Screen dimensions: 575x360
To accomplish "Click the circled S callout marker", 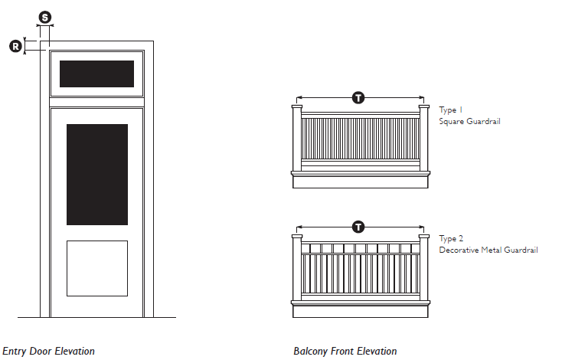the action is click(45, 18).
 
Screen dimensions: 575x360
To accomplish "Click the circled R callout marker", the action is click(16, 47).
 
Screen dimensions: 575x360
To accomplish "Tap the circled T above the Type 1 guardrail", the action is click(358, 98).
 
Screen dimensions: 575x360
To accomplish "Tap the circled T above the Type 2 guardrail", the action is click(358, 227).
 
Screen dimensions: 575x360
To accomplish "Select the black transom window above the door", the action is click(96, 74).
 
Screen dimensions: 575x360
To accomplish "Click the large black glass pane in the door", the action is click(97, 175).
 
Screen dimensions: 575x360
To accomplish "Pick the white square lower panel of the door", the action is click(97, 268).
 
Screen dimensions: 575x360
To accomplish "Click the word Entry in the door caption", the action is click(15, 352).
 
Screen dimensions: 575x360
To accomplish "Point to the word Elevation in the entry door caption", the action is click(75, 352).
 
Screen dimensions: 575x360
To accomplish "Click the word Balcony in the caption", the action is click(310, 352).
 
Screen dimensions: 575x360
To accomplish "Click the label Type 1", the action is click(451, 110).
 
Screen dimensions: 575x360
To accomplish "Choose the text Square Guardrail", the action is click(470, 122).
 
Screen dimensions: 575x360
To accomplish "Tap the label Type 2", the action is click(451, 239).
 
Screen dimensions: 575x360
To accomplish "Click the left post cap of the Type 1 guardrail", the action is click(297, 106).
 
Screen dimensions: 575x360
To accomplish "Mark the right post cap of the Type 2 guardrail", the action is click(424, 237).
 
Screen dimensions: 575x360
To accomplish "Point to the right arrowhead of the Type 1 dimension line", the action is click(422, 98).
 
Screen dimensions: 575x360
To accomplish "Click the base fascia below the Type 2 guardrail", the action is click(361, 312).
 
